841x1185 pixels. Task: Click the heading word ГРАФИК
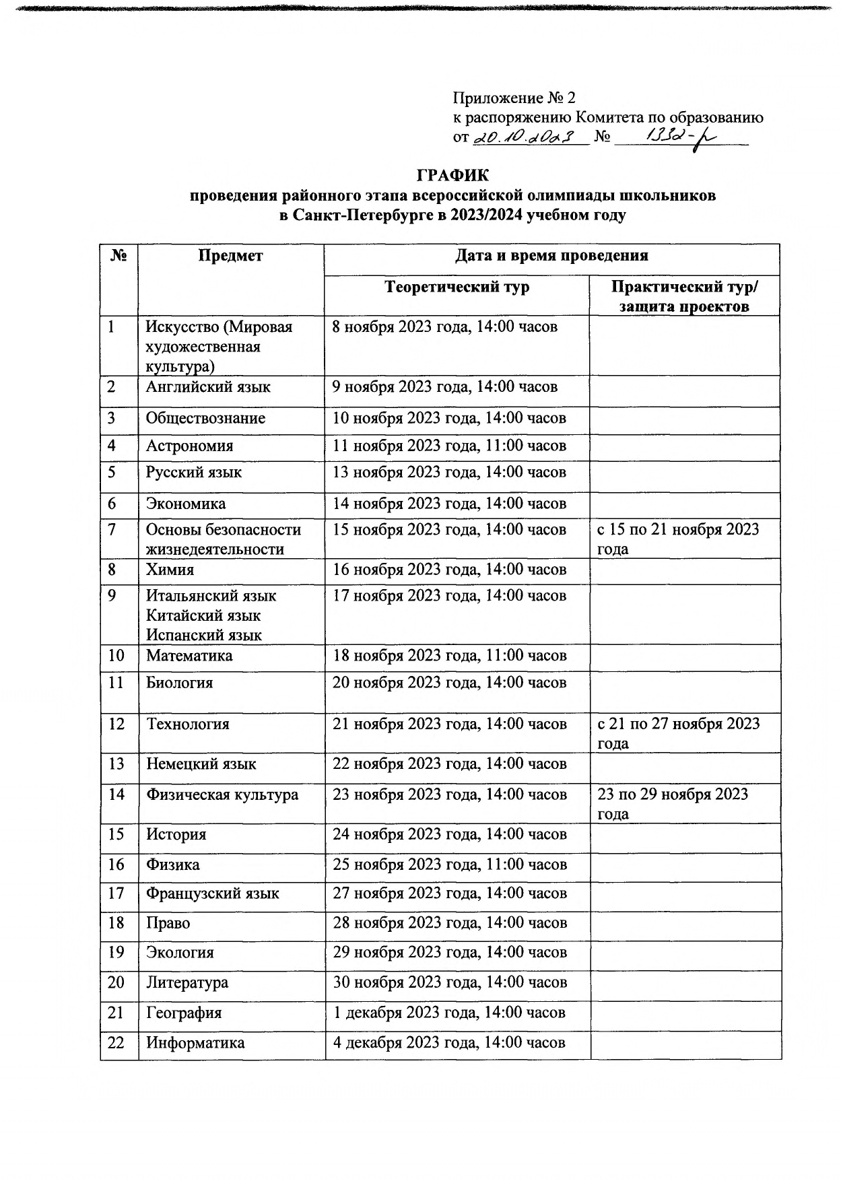pos(452,176)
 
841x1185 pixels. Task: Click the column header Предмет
pos(230,256)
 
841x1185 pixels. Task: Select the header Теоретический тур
pos(457,287)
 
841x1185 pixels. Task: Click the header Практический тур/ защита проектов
pos(684,296)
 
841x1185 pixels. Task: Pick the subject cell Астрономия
pos(189,446)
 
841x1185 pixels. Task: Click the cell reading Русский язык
pos(193,472)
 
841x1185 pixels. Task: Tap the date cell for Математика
pos(449,656)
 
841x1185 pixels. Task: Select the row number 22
pos(116,1042)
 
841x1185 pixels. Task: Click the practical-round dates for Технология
pos(678,733)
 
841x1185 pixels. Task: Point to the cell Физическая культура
pos(222,794)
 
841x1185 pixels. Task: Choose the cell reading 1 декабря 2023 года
pos(449,1013)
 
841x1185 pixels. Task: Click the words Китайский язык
pos(203,615)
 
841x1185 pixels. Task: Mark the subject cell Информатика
pos(195,1043)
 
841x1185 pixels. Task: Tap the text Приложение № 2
pos(514,98)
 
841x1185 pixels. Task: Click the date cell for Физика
pos(449,865)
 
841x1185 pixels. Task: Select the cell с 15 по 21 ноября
pos(677,538)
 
